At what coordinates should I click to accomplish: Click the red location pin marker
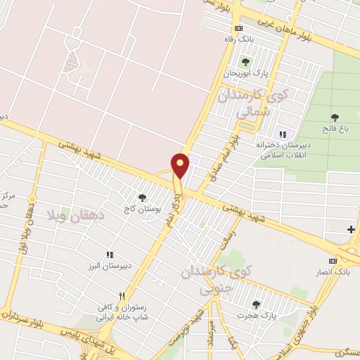pyautogui.click(x=181, y=166)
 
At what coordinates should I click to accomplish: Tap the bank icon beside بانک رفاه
pyautogui.click(x=238, y=28)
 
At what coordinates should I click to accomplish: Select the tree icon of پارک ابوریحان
pyautogui.click(x=245, y=63)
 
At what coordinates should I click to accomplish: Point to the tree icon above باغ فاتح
pyautogui.click(x=335, y=117)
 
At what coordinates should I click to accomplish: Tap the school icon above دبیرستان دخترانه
pyautogui.click(x=283, y=134)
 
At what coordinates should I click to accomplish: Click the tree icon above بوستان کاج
pyautogui.click(x=143, y=198)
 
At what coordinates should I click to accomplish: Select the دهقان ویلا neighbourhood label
pyautogui.click(x=76, y=214)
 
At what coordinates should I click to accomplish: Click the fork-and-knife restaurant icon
pyautogui.click(x=122, y=296)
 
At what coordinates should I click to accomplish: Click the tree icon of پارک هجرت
pyautogui.click(x=255, y=304)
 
